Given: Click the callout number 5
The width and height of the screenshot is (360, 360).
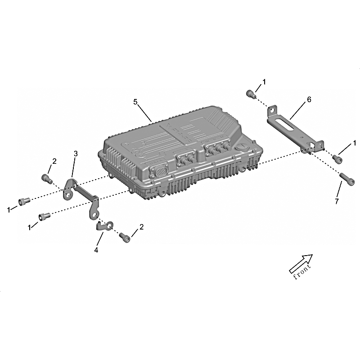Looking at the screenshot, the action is click(x=135, y=102).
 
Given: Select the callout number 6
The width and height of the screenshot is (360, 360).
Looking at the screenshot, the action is click(x=309, y=99).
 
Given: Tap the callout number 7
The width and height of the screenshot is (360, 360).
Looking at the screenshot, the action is click(x=337, y=201).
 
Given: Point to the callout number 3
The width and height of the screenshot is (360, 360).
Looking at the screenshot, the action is click(x=76, y=153).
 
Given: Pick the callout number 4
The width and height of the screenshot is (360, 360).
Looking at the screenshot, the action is click(x=96, y=250).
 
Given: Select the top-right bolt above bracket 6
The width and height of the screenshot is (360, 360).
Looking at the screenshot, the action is click(x=250, y=94).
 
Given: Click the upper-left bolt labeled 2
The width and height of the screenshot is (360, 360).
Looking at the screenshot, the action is click(x=46, y=178).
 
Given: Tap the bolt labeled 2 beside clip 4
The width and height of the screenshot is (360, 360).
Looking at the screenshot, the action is click(x=125, y=238).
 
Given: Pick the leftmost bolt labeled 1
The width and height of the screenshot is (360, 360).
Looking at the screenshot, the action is click(x=24, y=201).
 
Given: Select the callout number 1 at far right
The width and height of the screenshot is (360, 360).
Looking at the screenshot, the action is click(x=354, y=143).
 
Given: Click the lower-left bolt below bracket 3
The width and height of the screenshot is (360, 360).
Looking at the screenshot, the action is click(x=44, y=216).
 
